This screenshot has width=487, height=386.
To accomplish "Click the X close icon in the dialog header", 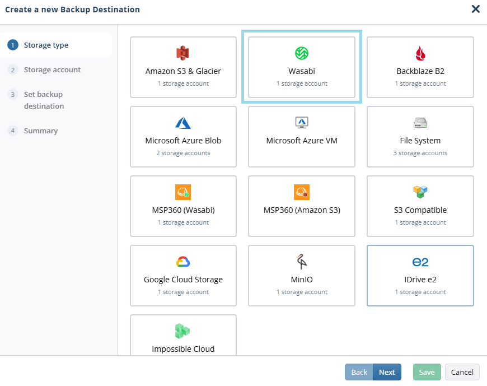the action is pyautogui.click(x=475, y=9).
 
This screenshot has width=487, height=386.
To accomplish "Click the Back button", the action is pyautogui.click(x=359, y=372).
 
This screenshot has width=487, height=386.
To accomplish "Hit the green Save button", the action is pyautogui.click(x=427, y=372).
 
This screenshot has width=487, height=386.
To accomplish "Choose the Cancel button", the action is pyautogui.click(x=462, y=372).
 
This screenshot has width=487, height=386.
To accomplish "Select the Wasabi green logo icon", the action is pyautogui.click(x=302, y=53).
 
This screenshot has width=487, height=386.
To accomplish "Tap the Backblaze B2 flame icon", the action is pyautogui.click(x=420, y=53).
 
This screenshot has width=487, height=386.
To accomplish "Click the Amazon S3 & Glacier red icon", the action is pyautogui.click(x=183, y=53).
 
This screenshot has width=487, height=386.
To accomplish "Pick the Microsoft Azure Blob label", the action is pyautogui.click(x=183, y=141).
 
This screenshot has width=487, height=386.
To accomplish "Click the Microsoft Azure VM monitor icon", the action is pyautogui.click(x=302, y=123).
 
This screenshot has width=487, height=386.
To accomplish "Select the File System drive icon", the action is pyautogui.click(x=420, y=123).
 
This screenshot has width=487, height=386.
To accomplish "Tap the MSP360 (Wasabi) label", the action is pyautogui.click(x=183, y=210).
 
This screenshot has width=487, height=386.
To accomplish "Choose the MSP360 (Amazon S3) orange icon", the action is pyautogui.click(x=302, y=192).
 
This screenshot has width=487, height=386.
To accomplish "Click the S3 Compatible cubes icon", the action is pyautogui.click(x=420, y=192).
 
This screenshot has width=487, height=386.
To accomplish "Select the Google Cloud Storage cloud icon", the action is pyautogui.click(x=183, y=262).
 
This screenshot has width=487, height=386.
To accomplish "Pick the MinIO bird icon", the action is pyautogui.click(x=301, y=262).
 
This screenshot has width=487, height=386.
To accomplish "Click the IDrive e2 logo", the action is pyautogui.click(x=420, y=262).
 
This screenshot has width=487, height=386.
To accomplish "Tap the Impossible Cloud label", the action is pyautogui.click(x=183, y=349).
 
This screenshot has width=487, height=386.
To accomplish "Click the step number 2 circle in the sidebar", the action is pyautogui.click(x=13, y=69).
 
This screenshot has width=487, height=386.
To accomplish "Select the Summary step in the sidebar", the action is pyautogui.click(x=41, y=131).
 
